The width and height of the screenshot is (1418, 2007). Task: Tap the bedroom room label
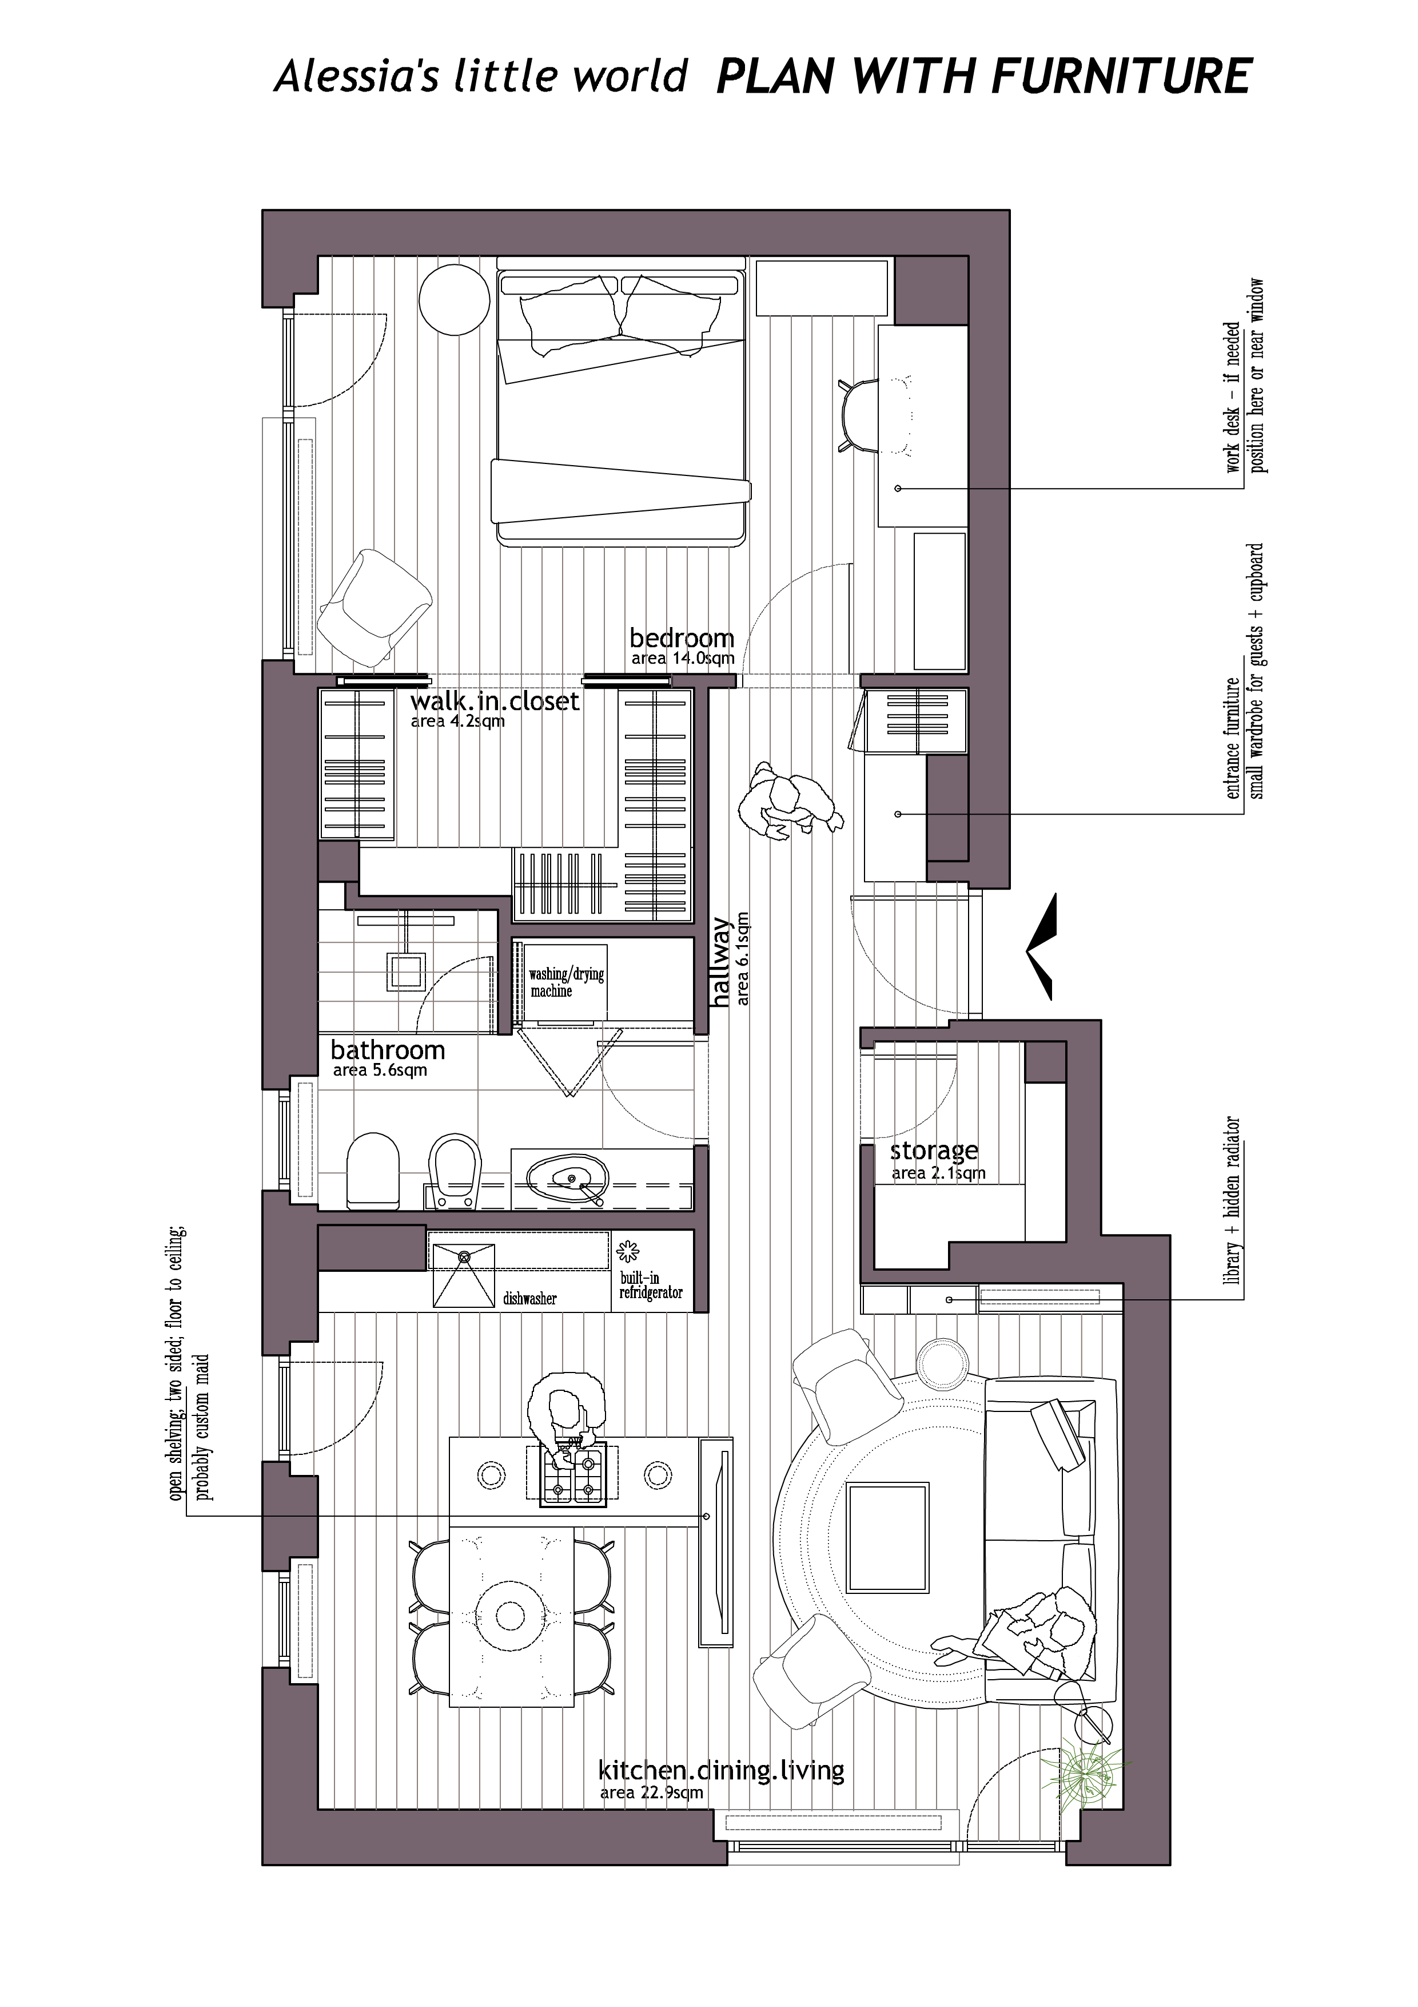click(x=682, y=637)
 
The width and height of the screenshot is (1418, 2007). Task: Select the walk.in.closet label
click(x=495, y=701)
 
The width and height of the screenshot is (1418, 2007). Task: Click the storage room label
click(x=934, y=1151)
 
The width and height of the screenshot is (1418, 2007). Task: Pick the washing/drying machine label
click(x=566, y=982)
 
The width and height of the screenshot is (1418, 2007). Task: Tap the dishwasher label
click(x=529, y=1299)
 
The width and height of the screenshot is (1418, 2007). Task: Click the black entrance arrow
click(x=1042, y=947)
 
